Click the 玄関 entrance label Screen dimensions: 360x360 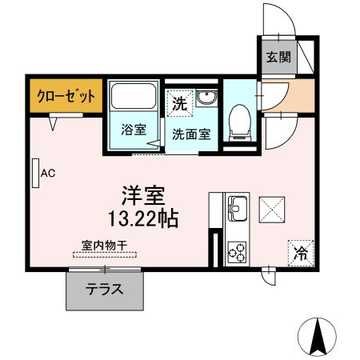[278, 57]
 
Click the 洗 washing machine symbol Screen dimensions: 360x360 [180, 103]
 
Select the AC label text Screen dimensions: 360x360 [47, 172]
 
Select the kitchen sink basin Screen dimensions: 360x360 [238, 210]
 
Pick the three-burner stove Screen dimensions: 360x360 [238, 253]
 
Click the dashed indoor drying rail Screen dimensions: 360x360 [104, 255]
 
